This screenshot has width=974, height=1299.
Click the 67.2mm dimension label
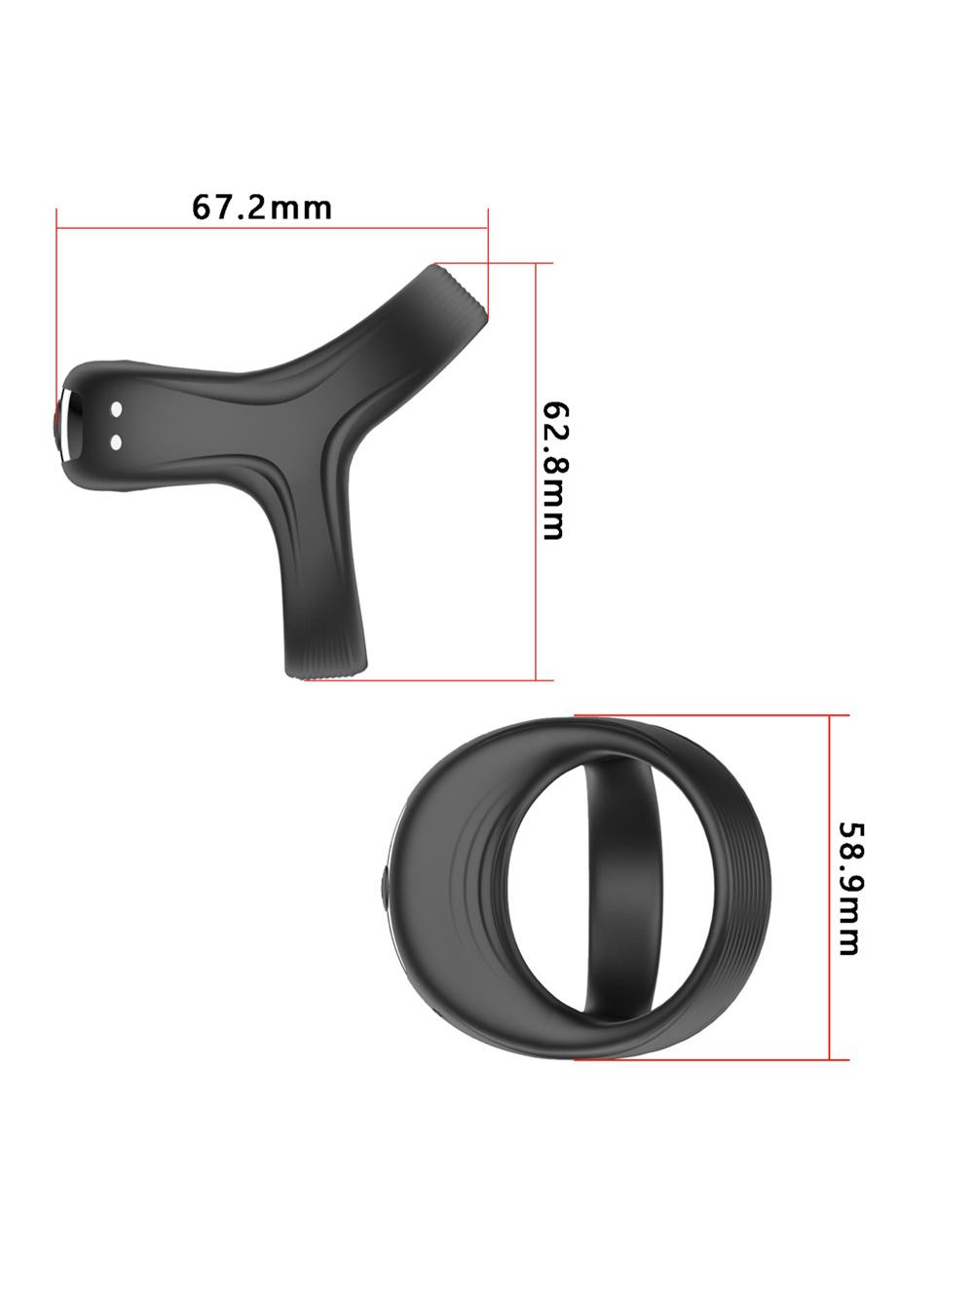[261, 208]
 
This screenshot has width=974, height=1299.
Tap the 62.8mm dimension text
[555, 471]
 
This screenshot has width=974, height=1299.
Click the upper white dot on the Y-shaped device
[117, 409]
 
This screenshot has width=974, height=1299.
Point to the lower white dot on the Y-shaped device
[117, 441]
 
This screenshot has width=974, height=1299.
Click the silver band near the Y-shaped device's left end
[67, 425]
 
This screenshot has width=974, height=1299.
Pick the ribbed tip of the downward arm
[326, 663]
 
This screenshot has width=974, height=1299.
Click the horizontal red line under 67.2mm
[272, 227]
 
